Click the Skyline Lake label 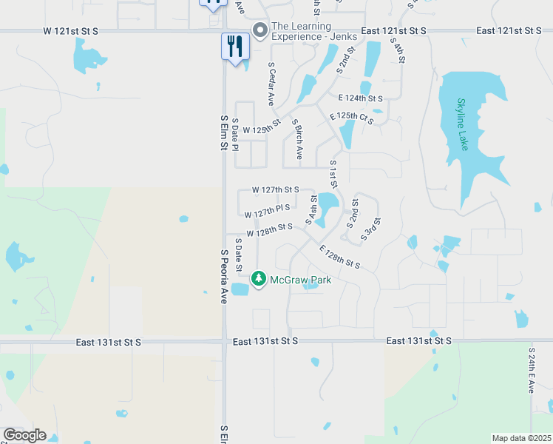tap(463, 124)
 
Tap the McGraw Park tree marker tap(258, 279)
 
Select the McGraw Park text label tap(300, 280)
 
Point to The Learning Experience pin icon tap(259, 30)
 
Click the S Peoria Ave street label tap(223, 277)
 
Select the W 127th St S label tap(275, 189)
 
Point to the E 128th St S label tap(339, 258)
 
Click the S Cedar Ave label tap(271, 83)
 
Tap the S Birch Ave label tap(297, 139)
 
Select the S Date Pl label tap(235, 134)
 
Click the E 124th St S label tap(360, 98)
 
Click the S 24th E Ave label tap(532, 370)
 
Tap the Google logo tap(24, 435)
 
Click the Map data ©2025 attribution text tap(521, 438)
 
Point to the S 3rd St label tap(370, 229)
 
